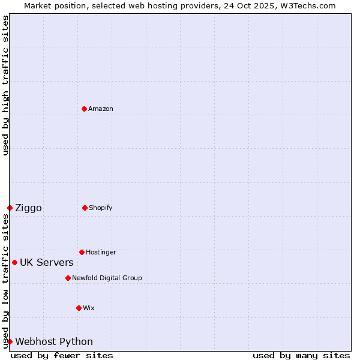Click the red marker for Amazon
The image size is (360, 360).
point(84,109)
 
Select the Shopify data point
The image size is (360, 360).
point(85,208)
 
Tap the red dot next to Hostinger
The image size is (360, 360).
point(82,252)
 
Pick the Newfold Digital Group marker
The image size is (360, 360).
point(68,278)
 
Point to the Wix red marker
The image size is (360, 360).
point(79,308)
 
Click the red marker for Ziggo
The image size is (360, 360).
point(10,208)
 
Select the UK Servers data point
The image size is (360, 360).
point(14,262)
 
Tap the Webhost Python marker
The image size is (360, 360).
point(10,341)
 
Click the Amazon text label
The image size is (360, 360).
point(101,109)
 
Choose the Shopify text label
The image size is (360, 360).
point(101,208)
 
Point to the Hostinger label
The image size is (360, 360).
point(101,252)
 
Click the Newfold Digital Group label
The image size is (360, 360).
point(107,278)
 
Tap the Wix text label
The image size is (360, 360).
point(89,308)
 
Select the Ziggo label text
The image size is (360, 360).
point(28,208)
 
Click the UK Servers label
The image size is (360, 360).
point(46,262)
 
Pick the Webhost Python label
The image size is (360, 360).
point(54,341)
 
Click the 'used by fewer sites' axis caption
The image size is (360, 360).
point(62,355)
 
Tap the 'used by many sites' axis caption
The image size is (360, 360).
point(301,355)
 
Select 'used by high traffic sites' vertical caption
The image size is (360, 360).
point(5,85)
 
